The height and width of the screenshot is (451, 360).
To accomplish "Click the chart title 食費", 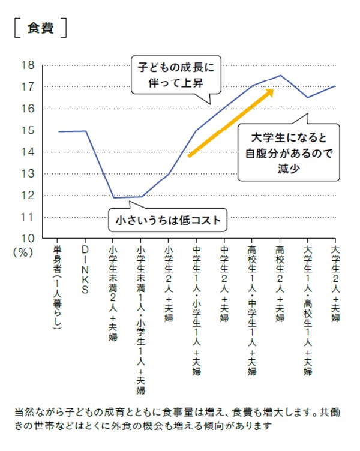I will [x=40, y=28].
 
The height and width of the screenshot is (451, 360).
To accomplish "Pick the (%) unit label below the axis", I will [x=24, y=252].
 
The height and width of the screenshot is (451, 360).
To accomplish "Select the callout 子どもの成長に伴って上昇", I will [x=173, y=73].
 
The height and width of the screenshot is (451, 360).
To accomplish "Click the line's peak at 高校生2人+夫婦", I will [x=280, y=76].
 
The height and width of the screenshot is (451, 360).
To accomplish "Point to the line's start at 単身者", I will [x=58, y=131].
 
